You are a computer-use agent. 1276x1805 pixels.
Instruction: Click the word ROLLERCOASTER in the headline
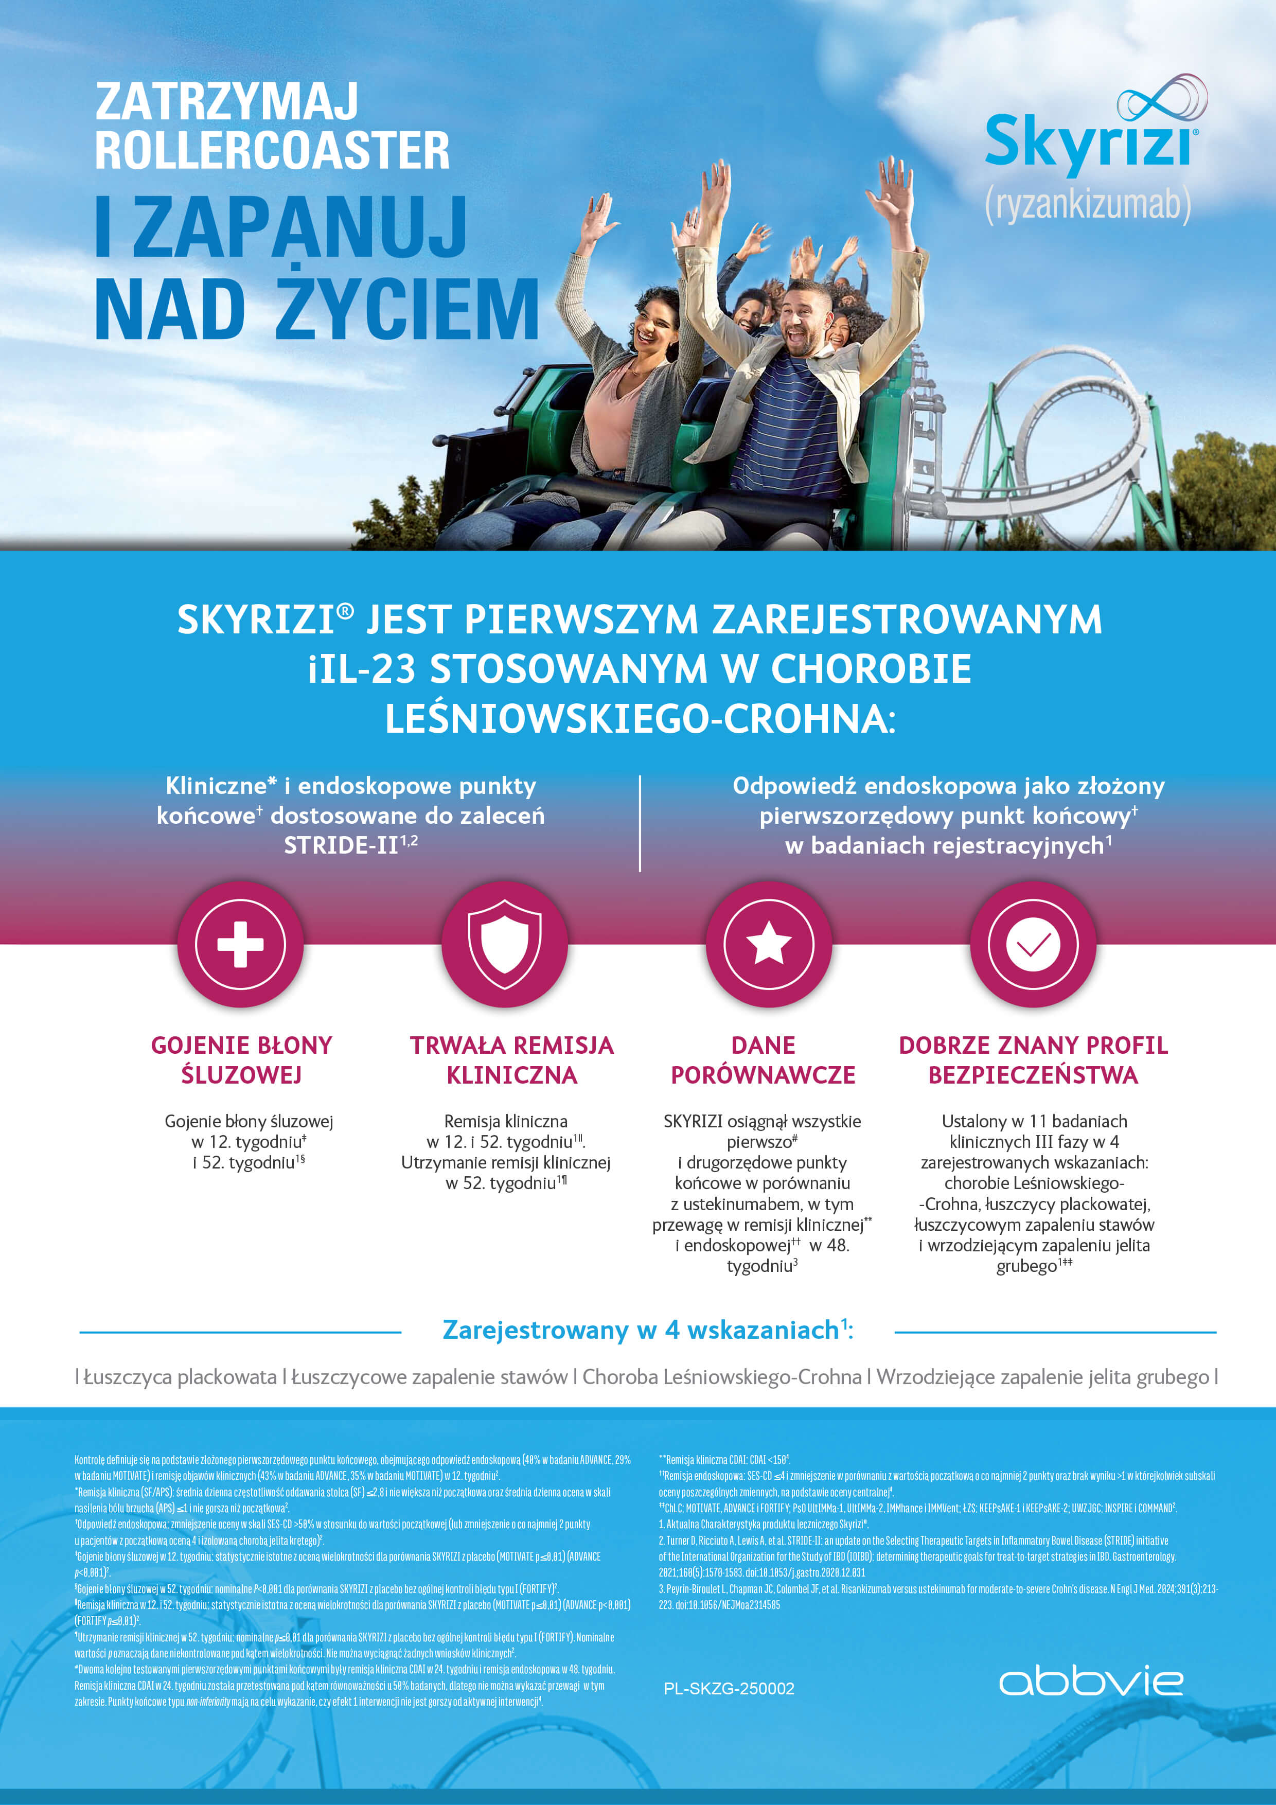272,150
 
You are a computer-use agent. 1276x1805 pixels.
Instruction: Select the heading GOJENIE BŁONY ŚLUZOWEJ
241,1060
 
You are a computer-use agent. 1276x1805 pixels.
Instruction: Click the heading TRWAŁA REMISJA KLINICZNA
512,1060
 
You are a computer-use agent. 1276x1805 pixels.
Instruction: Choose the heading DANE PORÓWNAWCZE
763,1060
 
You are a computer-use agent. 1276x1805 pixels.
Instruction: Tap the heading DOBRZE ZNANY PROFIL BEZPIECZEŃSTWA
1033,1060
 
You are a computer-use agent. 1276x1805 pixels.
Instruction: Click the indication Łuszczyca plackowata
180,1376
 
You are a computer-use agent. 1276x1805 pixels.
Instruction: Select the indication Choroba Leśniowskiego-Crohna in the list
722,1376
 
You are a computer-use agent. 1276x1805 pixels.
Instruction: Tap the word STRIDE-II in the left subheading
341,845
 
